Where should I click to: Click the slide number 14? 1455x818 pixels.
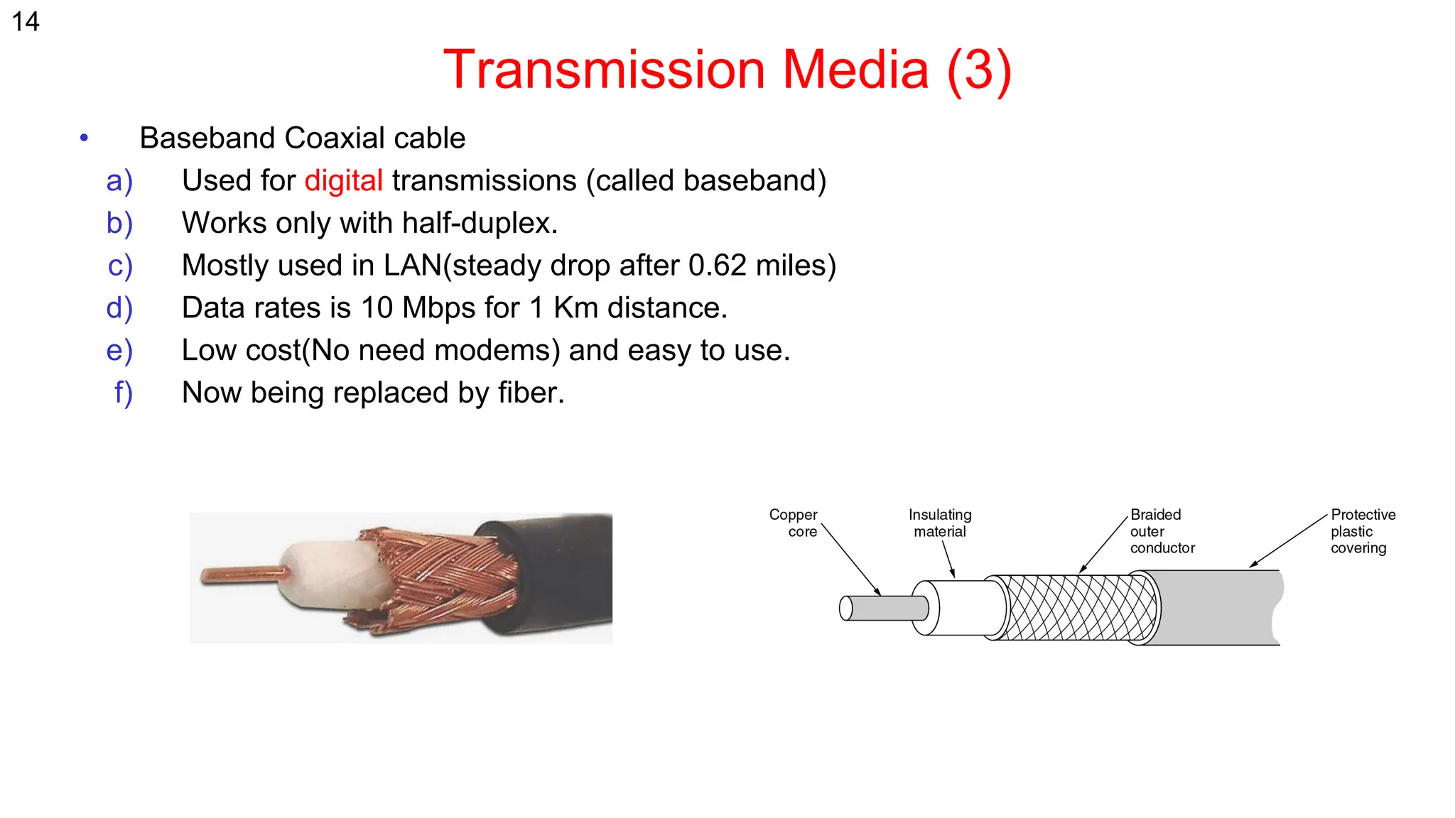pos(26,22)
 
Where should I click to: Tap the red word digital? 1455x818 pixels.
pos(344,180)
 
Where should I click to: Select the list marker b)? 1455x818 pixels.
pos(119,223)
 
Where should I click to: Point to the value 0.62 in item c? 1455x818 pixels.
pos(717,266)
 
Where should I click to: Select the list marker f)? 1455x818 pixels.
pos(123,393)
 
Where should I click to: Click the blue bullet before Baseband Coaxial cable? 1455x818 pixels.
pos(85,137)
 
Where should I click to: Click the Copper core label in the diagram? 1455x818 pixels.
pos(794,523)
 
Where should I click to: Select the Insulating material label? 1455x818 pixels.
pos(939,523)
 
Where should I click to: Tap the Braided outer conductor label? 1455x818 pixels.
pos(1162,531)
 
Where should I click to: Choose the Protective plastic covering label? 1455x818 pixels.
pos(1362,531)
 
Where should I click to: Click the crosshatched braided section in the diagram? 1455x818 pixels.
pos(1080,608)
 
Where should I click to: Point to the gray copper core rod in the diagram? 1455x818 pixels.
pos(885,609)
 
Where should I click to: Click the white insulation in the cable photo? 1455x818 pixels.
pos(327,575)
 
